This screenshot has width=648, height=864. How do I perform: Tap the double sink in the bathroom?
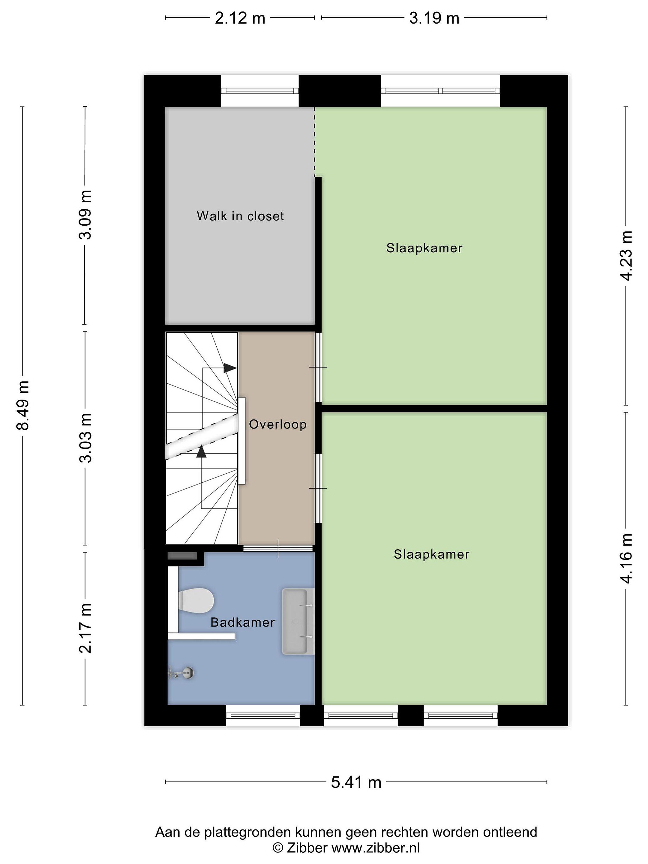[x=298, y=621]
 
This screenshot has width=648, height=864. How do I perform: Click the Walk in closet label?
[x=240, y=216]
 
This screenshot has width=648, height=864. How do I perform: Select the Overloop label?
[x=278, y=424]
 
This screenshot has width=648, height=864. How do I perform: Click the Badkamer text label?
[x=243, y=622]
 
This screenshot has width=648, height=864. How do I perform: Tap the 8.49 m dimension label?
[x=23, y=405]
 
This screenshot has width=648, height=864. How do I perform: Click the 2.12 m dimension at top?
[x=240, y=18]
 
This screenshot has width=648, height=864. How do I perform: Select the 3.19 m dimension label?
[x=434, y=18]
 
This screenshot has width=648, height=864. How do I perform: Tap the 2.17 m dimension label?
[x=85, y=628]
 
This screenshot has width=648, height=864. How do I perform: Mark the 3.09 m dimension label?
[x=85, y=215]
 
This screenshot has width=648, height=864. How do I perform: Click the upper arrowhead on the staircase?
[x=230, y=367]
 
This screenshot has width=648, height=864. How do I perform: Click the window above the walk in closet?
[x=260, y=91]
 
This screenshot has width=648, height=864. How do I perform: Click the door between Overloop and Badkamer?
[x=278, y=548]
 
